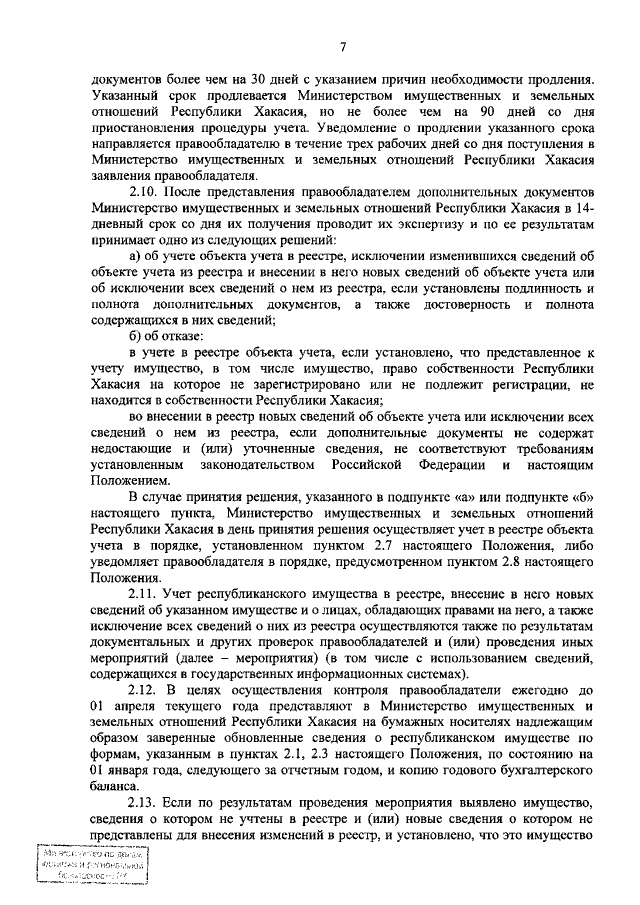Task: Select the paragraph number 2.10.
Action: tap(147, 189)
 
